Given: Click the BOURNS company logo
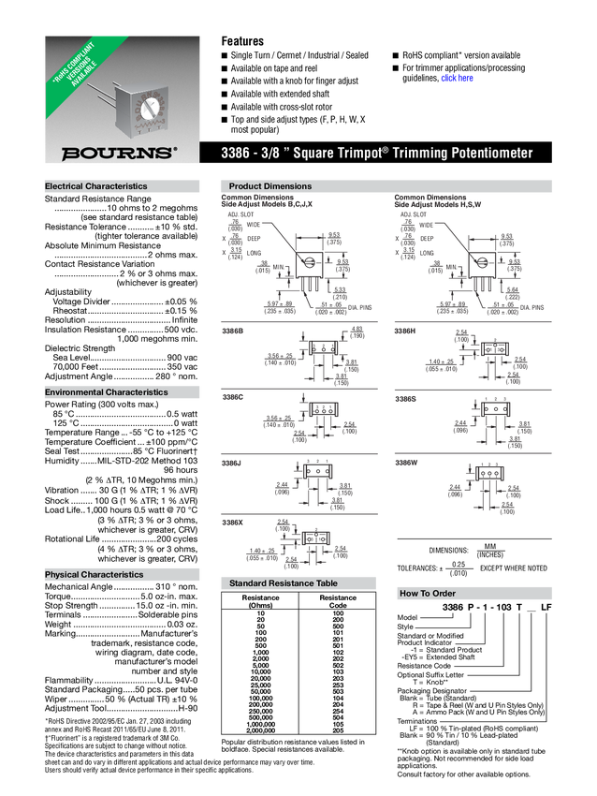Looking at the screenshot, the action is click(x=118, y=152).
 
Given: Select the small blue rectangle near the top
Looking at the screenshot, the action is click(x=458, y=79).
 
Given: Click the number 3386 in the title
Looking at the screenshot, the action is click(x=235, y=153).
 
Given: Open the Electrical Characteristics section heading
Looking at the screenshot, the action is click(x=96, y=186).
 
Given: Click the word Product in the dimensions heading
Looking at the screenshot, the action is click(x=246, y=186).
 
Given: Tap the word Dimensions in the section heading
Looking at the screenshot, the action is click(x=289, y=186).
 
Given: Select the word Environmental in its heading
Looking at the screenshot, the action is click(x=74, y=392).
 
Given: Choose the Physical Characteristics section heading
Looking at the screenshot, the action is click(x=95, y=574).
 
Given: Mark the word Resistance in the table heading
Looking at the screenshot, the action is click(x=295, y=583).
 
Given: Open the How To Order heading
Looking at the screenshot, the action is click(x=428, y=594).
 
